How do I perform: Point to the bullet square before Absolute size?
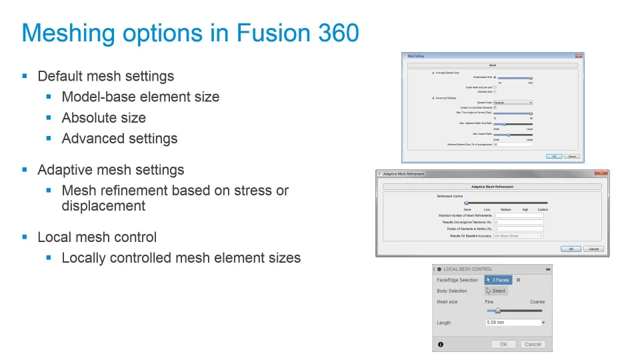(x=49, y=118)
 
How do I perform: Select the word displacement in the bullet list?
(x=103, y=205)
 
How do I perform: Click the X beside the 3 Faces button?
(x=518, y=280)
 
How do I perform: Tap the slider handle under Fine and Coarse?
(x=497, y=310)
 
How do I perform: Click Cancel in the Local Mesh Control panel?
(x=533, y=344)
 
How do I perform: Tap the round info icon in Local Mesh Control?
(x=440, y=344)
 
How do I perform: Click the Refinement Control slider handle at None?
(x=466, y=203)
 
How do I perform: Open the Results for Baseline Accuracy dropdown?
(x=518, y=235)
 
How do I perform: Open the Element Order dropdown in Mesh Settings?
(x=513, y=103)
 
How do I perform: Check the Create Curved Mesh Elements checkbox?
(x=494, y=107)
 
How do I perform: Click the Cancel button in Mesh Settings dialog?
(x=571, y=156)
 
